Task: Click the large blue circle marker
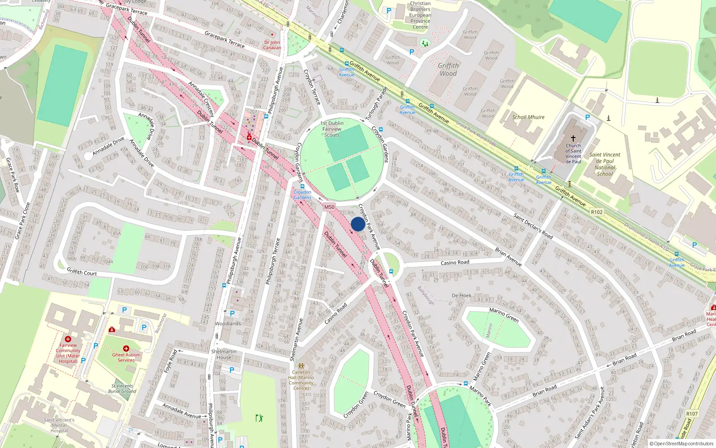tap(358, 224)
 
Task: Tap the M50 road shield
tap(329, 207)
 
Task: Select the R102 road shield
tap(597, 212)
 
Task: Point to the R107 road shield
tap(692, 414)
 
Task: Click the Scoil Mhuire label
tap(528, 117)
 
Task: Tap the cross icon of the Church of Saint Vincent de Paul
tap(573, 138)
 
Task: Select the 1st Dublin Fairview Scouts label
tap(332, 129)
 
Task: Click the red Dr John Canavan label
tap(272, 45)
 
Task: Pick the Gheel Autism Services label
tap(126, 358)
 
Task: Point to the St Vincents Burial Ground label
tap(122, 388)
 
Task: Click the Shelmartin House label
tap(224, 354)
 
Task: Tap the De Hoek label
tap(461, 296)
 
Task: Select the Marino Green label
tap(504, 315)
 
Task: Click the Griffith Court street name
tap(81, 272)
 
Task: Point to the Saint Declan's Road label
tap(533, 226)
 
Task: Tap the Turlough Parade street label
tap(376, 103)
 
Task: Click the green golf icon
tap(259, 418)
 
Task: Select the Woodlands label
tap(228, 323)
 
